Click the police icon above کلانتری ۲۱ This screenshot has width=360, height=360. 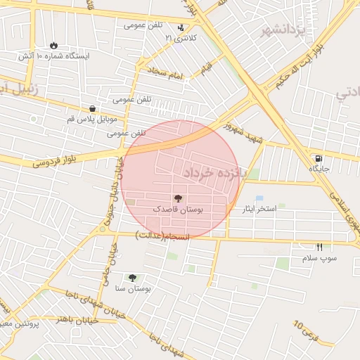click(x=181, y=28)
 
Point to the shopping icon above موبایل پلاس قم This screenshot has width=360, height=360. click(x=93, y=108)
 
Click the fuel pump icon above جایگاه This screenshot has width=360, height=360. click(x=319, y=159)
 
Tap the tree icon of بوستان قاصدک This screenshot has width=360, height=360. click(x=177, y=199)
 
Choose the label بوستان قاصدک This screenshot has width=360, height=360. click(x=178, y=210)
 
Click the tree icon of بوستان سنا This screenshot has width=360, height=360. click(x=132, y=278)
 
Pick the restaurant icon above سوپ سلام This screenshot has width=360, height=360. click(x=320, y=247)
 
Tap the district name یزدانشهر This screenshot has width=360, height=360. click(x=285, y=30)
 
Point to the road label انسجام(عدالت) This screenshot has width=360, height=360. click(x=162, y=235)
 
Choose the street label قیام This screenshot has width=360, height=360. click(x=205, y=68)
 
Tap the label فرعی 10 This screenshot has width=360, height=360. click(x=307, y=331)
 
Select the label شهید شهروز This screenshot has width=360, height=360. click(x=243, y=131)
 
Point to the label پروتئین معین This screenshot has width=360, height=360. click(x=14, y=323)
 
